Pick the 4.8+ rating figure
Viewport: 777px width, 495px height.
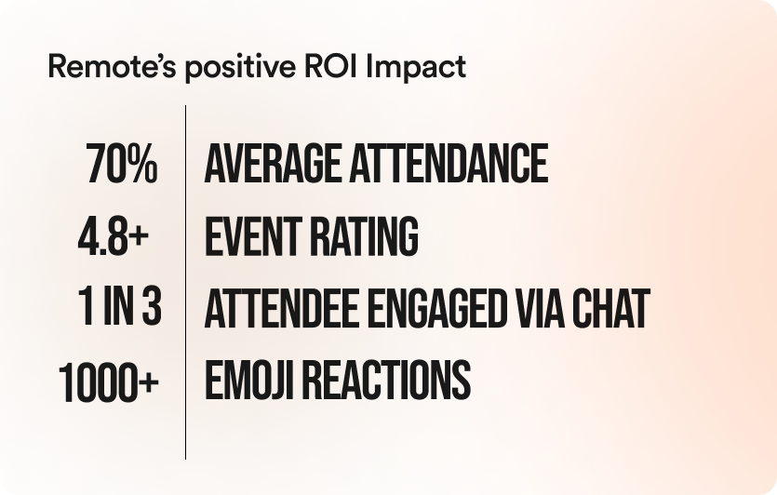pos(114,237)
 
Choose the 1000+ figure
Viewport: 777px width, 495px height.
pos(109,381)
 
